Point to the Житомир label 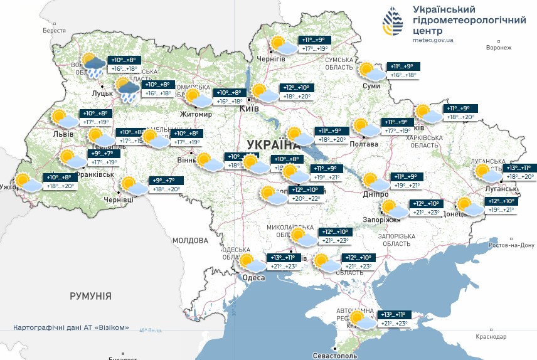(196, 115)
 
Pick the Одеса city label (253, 278)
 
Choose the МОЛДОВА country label (190, 240)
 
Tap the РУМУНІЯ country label (90, 295)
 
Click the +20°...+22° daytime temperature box (306, 199)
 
